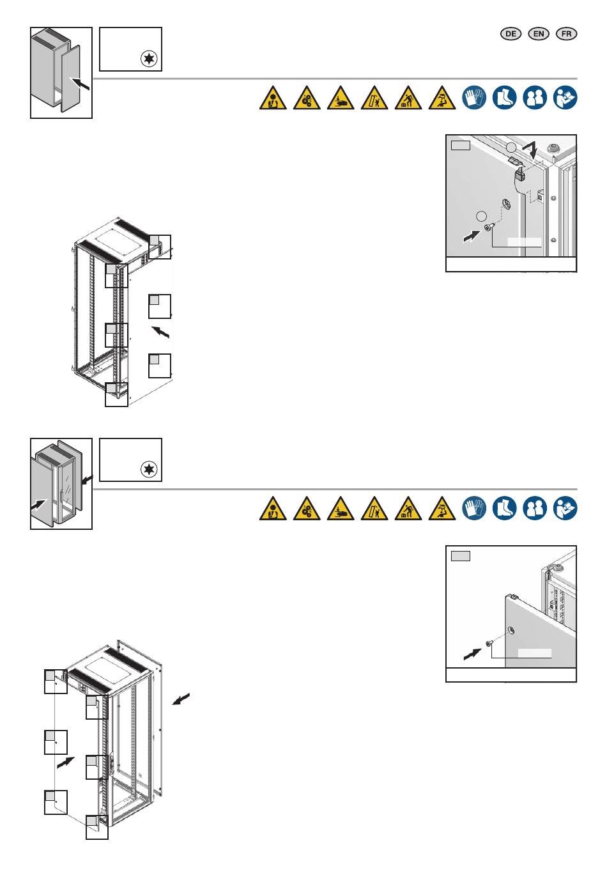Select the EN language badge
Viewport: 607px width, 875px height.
pos(539,35)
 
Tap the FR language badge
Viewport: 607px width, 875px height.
pos(567,35)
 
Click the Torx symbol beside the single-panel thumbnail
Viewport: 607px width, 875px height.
pos(150,60)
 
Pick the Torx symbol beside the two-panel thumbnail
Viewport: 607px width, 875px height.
pos(150,471)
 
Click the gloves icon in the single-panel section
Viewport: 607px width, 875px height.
pos(475,98)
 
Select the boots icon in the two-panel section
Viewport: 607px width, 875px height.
pos(505,508)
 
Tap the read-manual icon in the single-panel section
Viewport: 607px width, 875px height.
pos(565,98)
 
